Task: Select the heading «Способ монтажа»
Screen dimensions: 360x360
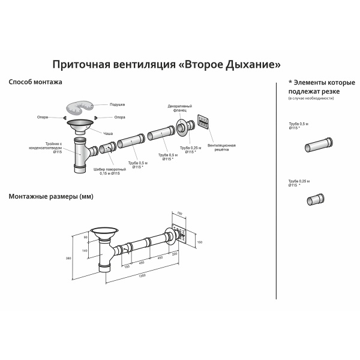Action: point(35,81)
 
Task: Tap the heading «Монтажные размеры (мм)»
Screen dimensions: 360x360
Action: point(51,196)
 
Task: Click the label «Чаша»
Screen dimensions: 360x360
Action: point(108,133)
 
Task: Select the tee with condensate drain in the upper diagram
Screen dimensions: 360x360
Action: point(80,155)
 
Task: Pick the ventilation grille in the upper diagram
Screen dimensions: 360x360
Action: point(203,122)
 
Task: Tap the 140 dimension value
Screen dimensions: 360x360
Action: point(85,250)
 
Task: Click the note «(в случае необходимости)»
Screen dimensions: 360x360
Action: point(311,98)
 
